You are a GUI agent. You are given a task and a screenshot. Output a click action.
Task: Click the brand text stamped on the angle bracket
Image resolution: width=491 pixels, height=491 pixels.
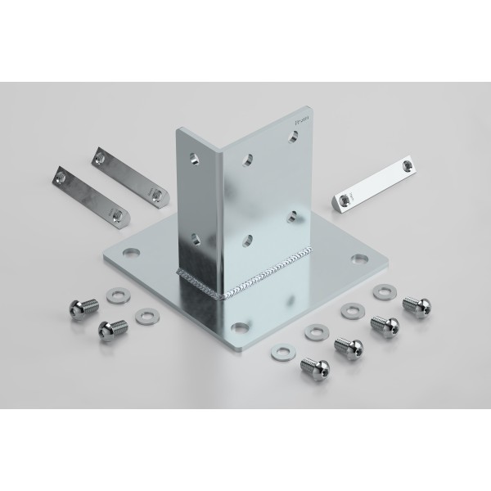[300, 119]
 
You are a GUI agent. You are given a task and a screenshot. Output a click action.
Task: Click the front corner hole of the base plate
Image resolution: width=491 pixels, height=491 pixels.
[238, 328]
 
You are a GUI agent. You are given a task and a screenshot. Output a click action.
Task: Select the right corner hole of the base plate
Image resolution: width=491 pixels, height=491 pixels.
[357, 259]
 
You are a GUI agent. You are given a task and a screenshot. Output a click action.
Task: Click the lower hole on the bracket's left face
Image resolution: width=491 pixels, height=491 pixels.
[194, 238]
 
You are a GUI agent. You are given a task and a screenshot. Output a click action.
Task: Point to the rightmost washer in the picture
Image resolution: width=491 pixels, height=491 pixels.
[383, 291]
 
